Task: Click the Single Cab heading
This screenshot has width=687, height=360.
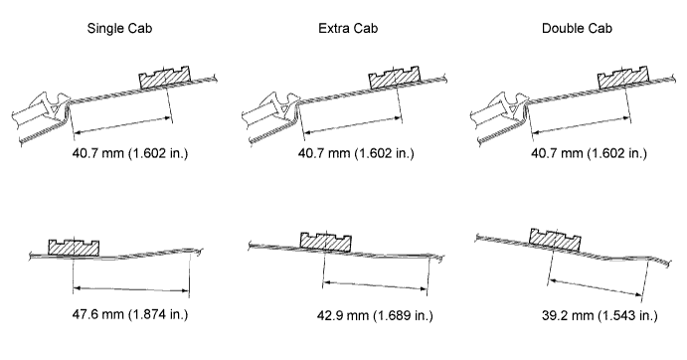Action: click(x=119, y=29)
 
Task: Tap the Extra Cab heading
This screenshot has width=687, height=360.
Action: click(x=348, y=29)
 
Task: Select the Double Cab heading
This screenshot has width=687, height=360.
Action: click(x=577, y=29)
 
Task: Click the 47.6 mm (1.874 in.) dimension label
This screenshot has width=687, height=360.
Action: click(x=130, y=314)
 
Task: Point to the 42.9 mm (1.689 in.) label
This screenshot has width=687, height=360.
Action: click(x=375, y=315)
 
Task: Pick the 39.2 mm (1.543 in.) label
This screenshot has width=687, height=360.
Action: click(x=600, y=315)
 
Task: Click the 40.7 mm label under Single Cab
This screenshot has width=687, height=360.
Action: click(x=130, y=153)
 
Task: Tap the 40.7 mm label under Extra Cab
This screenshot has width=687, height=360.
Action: click(x=356, y=153)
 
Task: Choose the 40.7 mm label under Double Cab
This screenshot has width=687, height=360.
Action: click(x=589, y=153)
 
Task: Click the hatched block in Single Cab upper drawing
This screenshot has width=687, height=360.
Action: click(x=165, y=78)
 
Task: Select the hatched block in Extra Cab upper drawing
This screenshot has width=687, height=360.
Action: click(x=395, y=78)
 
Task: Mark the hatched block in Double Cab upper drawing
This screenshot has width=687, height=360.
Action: click(x=623, y=78)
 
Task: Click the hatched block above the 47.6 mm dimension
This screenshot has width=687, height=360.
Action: click(x=74, y=248)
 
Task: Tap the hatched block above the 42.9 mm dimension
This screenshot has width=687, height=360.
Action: click(x=326, y=242)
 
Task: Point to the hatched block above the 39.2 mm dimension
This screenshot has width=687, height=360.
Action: click(x=556, y=240)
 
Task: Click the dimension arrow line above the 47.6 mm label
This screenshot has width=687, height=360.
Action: click(x=131, y=289)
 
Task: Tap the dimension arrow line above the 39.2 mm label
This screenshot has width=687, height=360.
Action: click(x=596, y=287)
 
